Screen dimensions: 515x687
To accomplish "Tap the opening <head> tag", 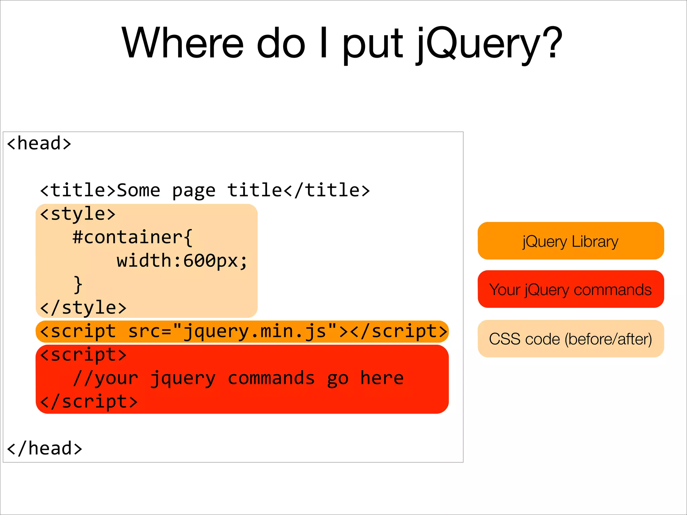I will [x=39, y=144].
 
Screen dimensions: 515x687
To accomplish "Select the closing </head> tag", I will [x=44, y=449].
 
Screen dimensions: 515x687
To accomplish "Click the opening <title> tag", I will [x=78, y=190].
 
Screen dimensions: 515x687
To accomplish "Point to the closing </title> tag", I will [x=327, y=190].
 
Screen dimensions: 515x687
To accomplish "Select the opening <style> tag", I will [x=78, y=214].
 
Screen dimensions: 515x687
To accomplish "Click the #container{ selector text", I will [x=133, y=237].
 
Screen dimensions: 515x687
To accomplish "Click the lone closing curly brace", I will [x=78, y=285].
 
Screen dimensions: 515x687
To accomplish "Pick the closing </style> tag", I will [x=83, y=308].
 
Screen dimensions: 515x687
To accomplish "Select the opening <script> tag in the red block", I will [x=83, y=355].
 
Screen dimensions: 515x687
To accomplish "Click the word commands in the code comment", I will [x=271, y=378].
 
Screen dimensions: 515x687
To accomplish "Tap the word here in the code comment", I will [x=382, y=378].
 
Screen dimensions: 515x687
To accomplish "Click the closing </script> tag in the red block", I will [x=89, y=402].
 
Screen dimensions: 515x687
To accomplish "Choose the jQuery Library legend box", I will [x=571, y=241].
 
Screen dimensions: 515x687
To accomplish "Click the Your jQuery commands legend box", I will [x=571, y=289].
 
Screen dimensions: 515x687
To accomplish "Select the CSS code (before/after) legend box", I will [x=571, y=339].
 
